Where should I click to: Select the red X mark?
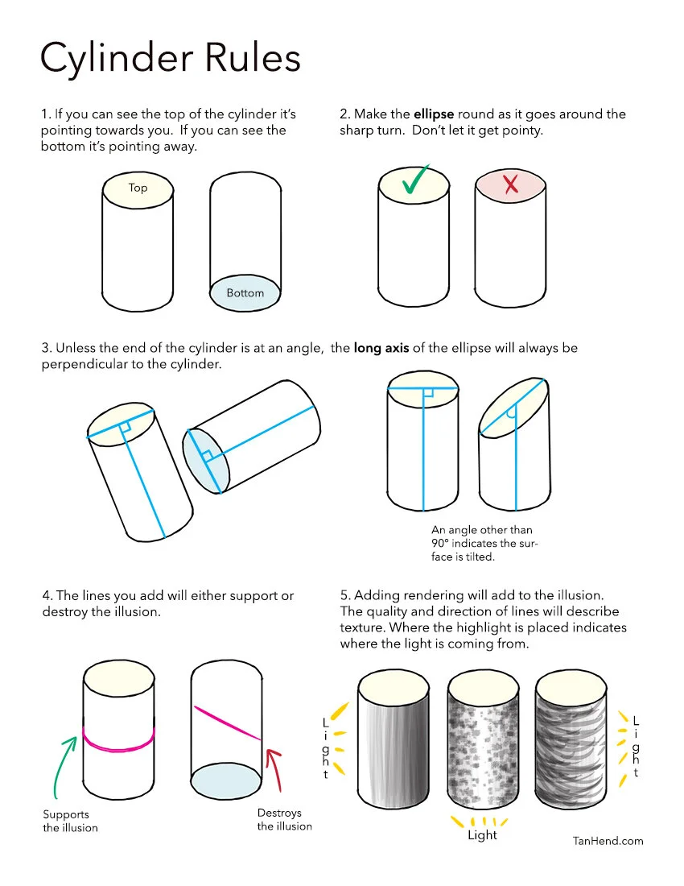(x=511, y=184)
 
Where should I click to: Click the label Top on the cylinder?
(x=138, y=188)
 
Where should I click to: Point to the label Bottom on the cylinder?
(x=245, y=292)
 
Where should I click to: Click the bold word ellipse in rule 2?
(x=434, y=114)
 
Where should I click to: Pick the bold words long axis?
(x=381, y=348)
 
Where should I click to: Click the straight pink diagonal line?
(x=228, y=722)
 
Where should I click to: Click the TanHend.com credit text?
(x=608, y=841)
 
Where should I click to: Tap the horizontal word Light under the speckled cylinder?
(x=482, y=835)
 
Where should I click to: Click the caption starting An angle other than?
(x=484, y=543)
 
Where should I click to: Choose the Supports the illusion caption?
(x=70, y=821)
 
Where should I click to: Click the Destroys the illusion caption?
(x=284, y=819)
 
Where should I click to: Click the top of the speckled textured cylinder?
(x=483, y=687)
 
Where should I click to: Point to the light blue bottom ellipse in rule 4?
(x=226, y=781)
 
